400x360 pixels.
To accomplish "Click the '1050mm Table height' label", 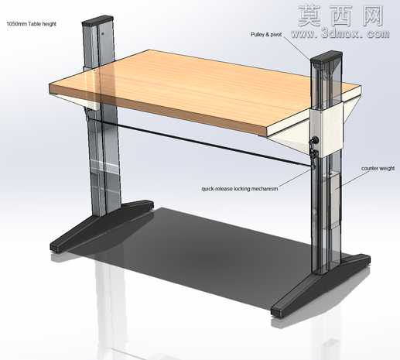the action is click(x=31, y=24).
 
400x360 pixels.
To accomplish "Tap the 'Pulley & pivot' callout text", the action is click(x=266, y=34).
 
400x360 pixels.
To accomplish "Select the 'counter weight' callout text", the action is click(x=378, y=169).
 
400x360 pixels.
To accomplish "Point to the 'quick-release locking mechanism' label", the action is click(x=240, y=189).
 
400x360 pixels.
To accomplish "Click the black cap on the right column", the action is click(x=326, y=57).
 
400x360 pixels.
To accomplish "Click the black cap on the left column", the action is click(x=97, y=20).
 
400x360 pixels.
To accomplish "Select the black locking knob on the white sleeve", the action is click(x=315, y=140).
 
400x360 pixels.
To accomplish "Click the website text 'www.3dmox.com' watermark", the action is click(x=340, y=34).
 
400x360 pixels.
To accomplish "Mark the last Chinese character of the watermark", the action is click(x=373, y=15).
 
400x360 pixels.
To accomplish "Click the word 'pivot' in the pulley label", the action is click(x=276, y=34).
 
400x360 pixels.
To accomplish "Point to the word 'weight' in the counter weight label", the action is click(x=386, y=169).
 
